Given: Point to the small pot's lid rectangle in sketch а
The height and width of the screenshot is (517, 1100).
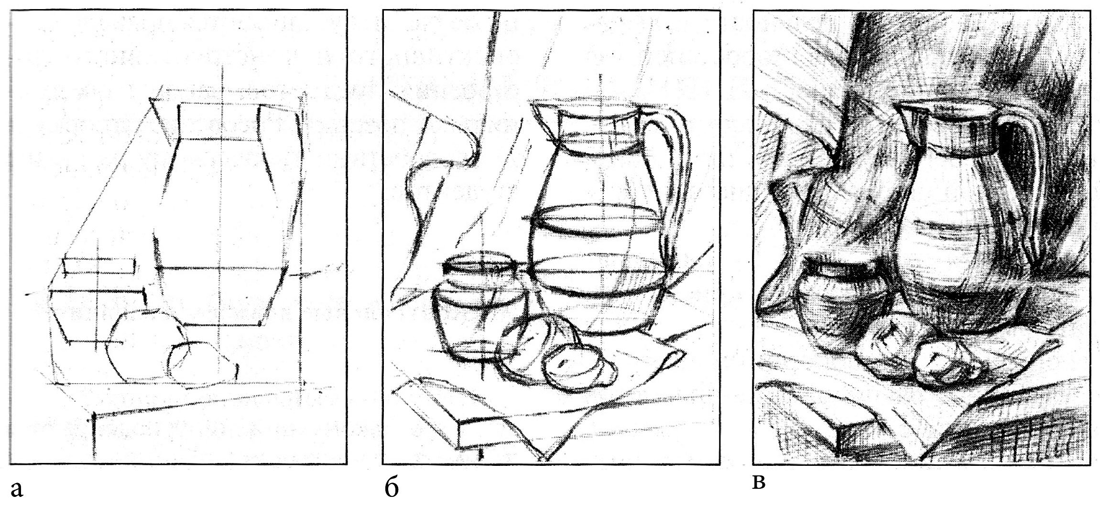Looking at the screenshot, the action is pos(99,266).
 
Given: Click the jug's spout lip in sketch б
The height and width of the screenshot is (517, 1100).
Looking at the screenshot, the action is pos(543,115).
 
